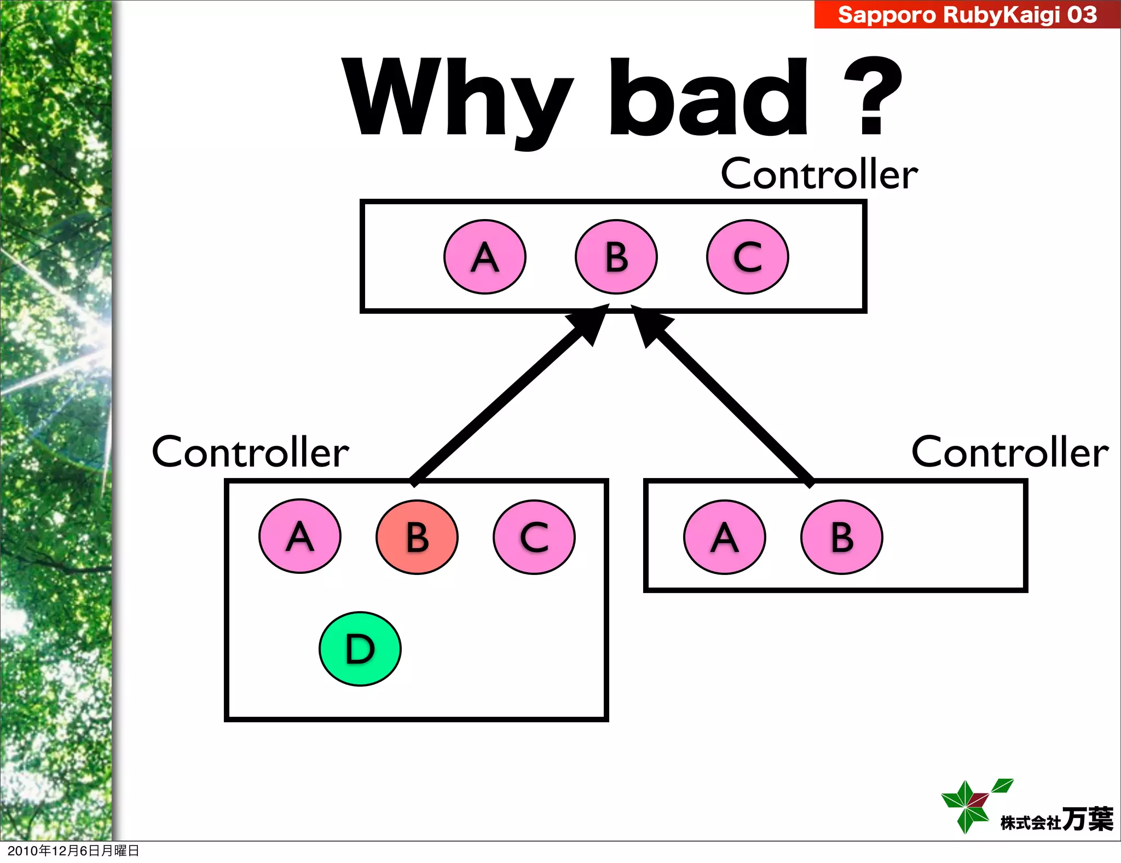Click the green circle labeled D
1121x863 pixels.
[x=360, y=649]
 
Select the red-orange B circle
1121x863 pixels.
[x=417, y=537]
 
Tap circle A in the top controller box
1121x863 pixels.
[x=485, y=257]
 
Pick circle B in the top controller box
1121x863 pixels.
[x=616, y=257]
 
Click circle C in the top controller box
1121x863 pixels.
[x=748, y=257]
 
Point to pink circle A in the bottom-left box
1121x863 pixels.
[x=300, y=536]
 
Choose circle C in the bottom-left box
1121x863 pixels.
[x=534, y=537]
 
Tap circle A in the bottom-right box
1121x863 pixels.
[x=725, y=537]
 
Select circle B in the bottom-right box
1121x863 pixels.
[x=842, y=537]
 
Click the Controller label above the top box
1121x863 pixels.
[x=819, y=174]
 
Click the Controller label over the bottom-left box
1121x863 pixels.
[x=250, y=452]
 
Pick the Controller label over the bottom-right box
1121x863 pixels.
[x=1009, y=452]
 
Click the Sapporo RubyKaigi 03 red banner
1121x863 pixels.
[x=967, y=14]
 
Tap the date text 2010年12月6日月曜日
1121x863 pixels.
[x=73, y=850]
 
